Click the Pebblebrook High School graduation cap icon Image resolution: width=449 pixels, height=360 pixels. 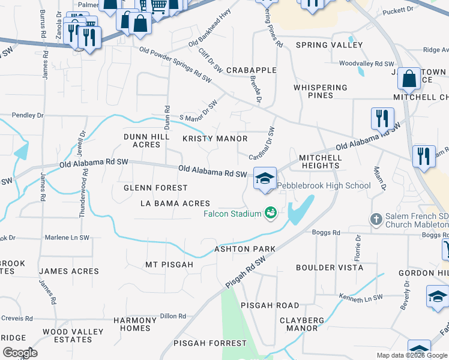(265, 178)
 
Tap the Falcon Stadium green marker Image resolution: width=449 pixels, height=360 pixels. (270, 213)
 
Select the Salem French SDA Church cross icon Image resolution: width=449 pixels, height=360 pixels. (376, 219)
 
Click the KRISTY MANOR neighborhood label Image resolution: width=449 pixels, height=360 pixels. (215, 139)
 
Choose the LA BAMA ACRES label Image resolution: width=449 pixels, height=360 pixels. (175, 203)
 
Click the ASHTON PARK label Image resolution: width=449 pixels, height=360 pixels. (245, 249)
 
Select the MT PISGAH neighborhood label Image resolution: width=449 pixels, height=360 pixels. (169, 265)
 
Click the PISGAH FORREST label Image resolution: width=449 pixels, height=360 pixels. (210, 343)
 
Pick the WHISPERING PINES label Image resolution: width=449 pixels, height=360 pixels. (321, 91)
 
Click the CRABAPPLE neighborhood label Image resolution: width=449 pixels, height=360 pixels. (251, 70)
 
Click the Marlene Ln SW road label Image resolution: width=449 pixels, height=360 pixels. (67, 238)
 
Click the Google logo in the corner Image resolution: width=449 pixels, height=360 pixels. (20, 353)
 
